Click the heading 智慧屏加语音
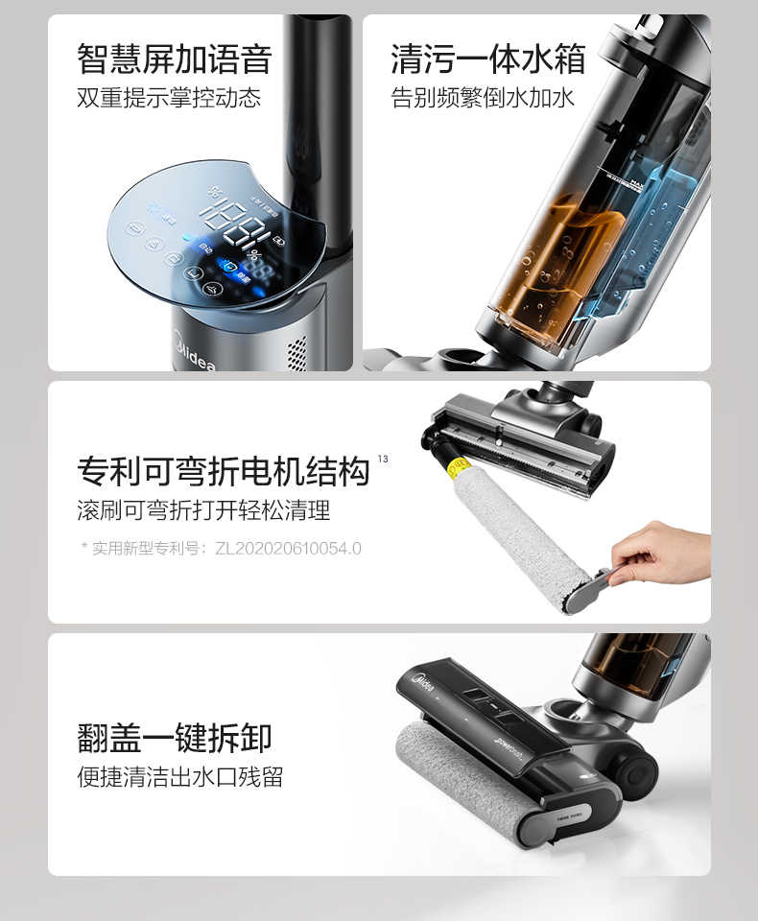tap(174, 59)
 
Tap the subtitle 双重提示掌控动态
tap(168, 98)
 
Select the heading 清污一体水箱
tap(487, 59)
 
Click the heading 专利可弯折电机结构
tap(223, 471)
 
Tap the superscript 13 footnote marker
tap(383, 460)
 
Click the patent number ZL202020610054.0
tap(288, 549)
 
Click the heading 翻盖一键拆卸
tap(174, 738)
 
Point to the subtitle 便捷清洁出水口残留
tap(179, 776)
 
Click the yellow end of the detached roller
tap(460, 470)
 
